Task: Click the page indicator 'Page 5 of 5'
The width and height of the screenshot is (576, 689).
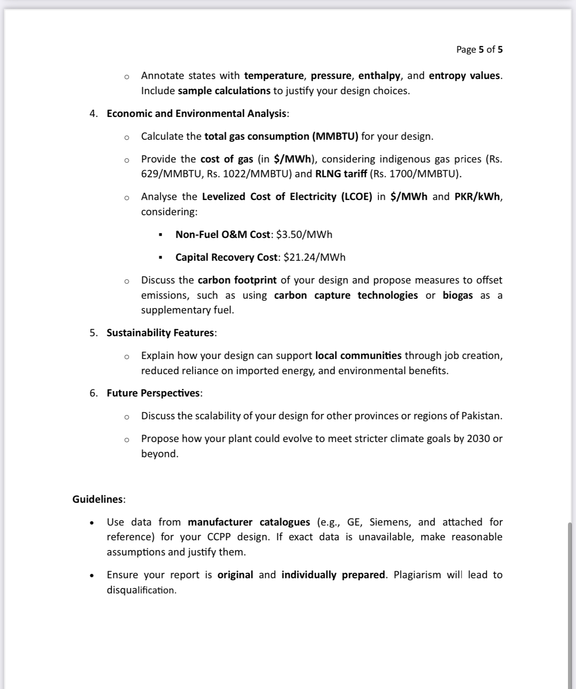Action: [479, 50]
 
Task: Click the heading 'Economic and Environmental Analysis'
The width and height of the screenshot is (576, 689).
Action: [197, 113]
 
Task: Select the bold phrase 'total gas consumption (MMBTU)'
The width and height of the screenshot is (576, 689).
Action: [281, 136]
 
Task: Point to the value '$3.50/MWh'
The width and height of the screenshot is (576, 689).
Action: [305, 234]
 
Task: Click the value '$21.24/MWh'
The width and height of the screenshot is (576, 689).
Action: [314, 257]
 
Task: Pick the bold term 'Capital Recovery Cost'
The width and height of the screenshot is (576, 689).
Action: [226, 257]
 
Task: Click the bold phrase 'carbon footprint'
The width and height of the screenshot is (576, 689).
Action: [237, 280]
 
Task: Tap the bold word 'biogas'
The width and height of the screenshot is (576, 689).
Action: [458, 295]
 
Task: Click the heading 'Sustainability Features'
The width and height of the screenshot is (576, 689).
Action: [161, 333]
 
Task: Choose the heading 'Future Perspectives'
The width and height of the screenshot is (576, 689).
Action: [153, 393]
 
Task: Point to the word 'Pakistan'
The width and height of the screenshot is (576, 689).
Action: [480, 416]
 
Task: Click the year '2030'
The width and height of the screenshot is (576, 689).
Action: [478, 438]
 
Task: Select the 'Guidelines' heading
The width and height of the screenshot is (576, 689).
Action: [98, 499]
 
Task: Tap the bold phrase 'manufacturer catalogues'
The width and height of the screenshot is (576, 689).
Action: [249, 522]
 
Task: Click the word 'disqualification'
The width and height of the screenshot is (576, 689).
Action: [141, 590]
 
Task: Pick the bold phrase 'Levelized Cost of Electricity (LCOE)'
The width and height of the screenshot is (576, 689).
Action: [287, 196]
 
